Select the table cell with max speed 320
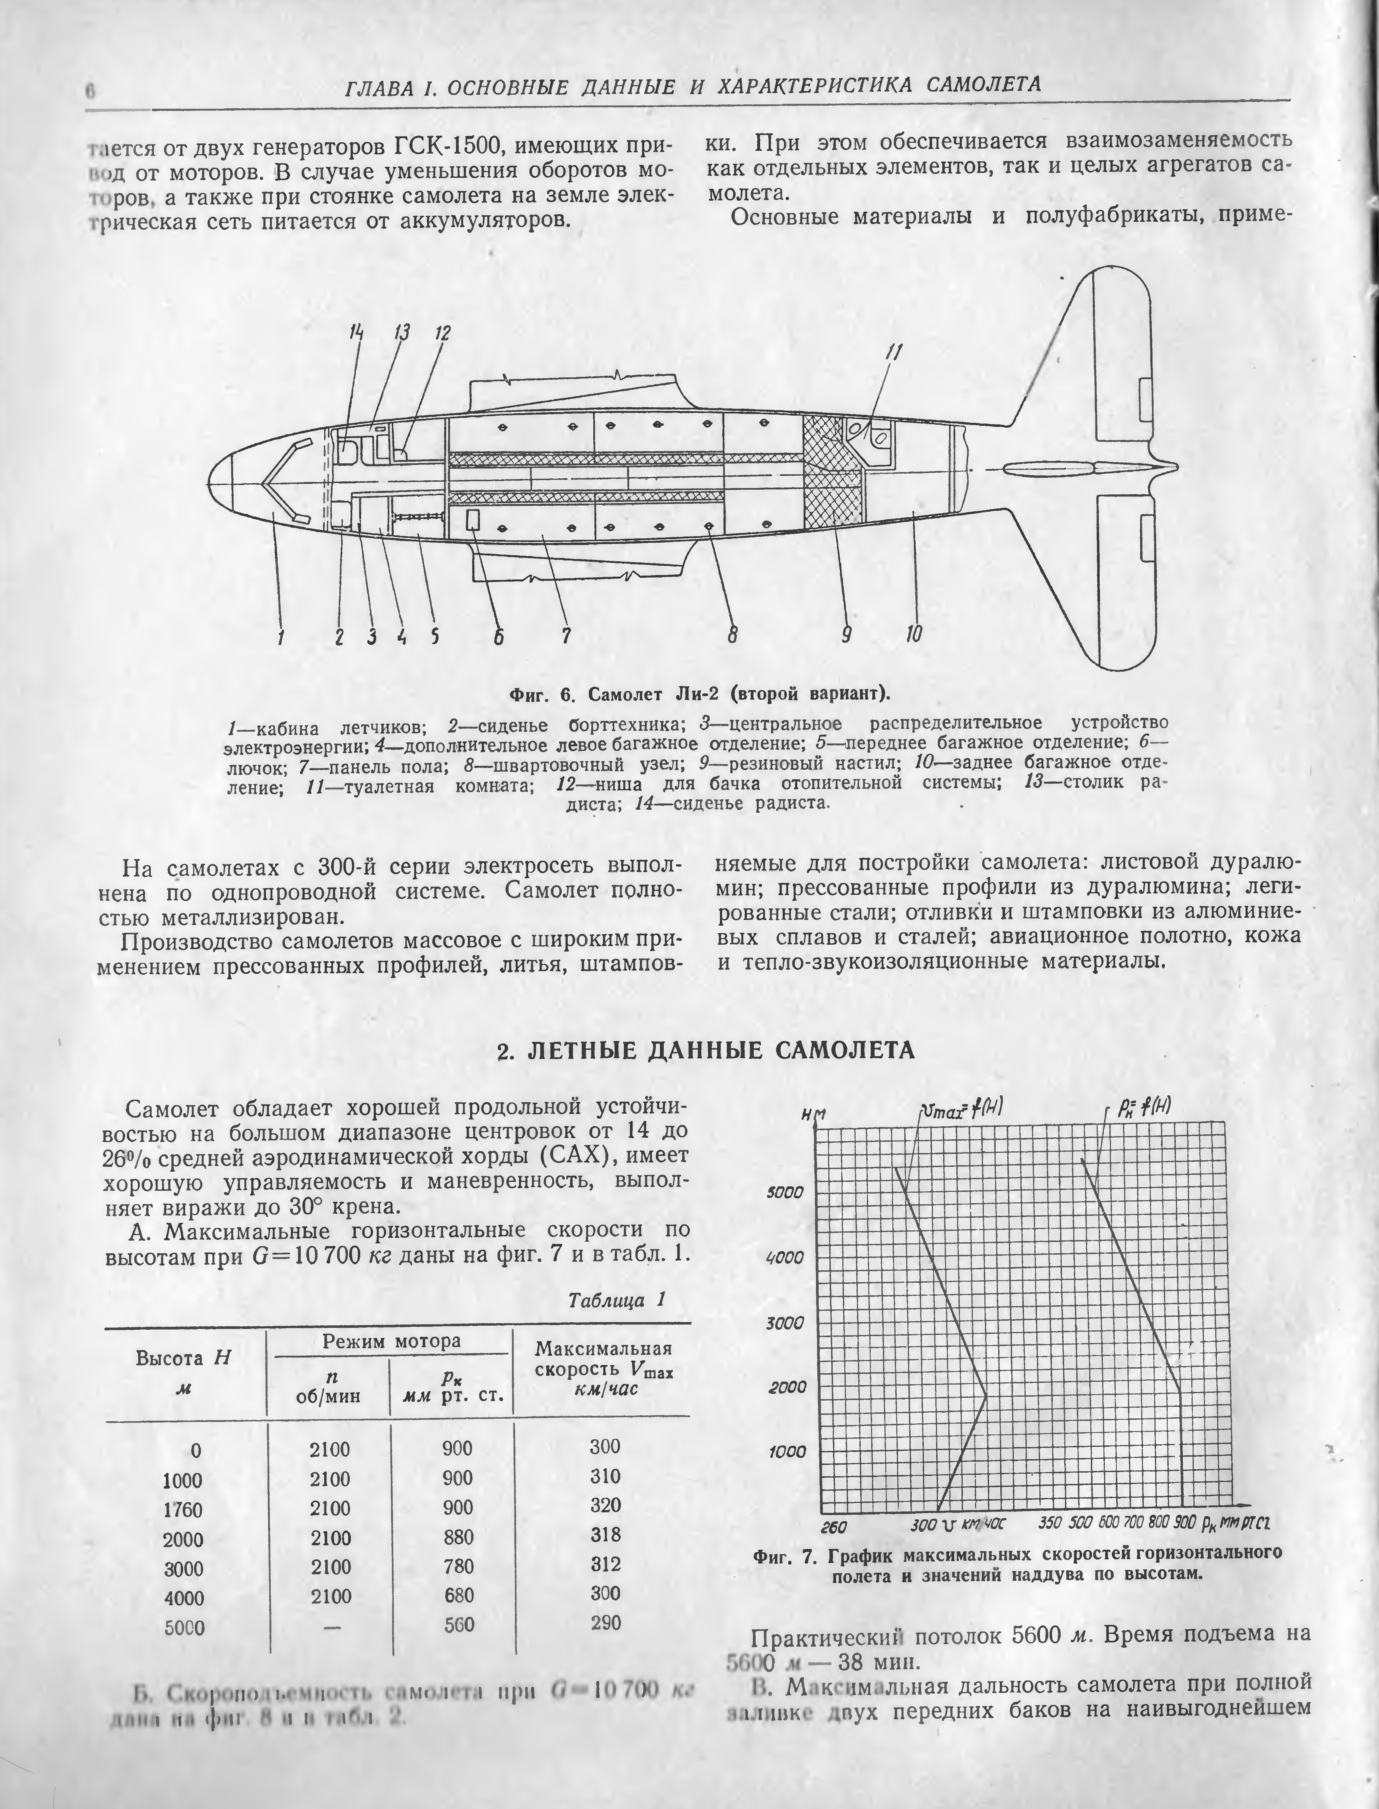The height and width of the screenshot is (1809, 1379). pyautogui.click(x=605, y=1505)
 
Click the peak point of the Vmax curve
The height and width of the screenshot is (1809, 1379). pyautogui.click(x=987, y=1394)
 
